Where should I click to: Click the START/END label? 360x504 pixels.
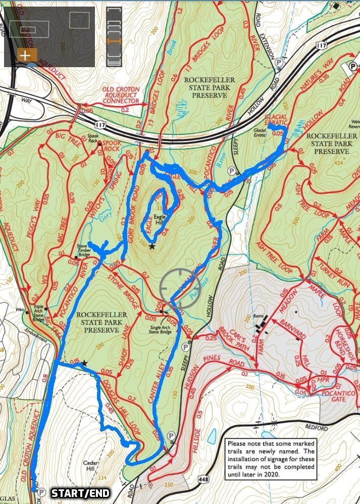click(80, 493)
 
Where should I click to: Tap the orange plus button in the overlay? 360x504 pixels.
click(25, 55)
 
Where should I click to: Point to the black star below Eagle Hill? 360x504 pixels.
click(151, 246)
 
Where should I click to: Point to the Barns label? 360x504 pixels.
click(260, 317)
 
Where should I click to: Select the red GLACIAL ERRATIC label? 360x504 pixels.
click(276, 120)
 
